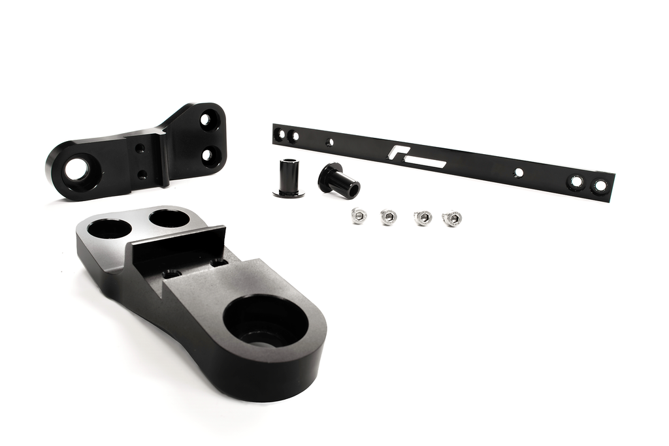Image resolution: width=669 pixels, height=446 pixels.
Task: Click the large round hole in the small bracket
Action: coord(77,168)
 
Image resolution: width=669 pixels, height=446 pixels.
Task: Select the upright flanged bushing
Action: coord(288,177)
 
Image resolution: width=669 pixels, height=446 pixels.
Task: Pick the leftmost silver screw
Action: coord(359,215)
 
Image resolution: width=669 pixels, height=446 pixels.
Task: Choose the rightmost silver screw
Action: coord(452,218)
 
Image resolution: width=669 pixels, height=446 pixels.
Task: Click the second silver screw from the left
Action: coord(389,216)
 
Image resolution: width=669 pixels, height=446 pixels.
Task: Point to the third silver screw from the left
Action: coord(423,217)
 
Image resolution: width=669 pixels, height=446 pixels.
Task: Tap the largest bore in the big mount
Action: coord(265,321)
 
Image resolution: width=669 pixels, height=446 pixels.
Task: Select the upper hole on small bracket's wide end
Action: coord(208,120)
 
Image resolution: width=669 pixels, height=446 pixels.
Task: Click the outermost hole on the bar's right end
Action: coord(600,185)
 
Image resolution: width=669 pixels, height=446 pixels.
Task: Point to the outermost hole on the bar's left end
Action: coord(280,135)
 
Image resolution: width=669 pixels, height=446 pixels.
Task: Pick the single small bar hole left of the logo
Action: coord(329,142)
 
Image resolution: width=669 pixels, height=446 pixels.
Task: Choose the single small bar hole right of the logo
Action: coord(518,173)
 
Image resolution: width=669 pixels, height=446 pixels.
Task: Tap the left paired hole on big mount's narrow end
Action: coord(108,229)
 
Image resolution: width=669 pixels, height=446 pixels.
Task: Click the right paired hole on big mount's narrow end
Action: coord(169,218)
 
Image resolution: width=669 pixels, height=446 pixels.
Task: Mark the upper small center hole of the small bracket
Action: coord(140,149)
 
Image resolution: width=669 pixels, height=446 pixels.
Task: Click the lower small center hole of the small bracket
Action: coord(142,174)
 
